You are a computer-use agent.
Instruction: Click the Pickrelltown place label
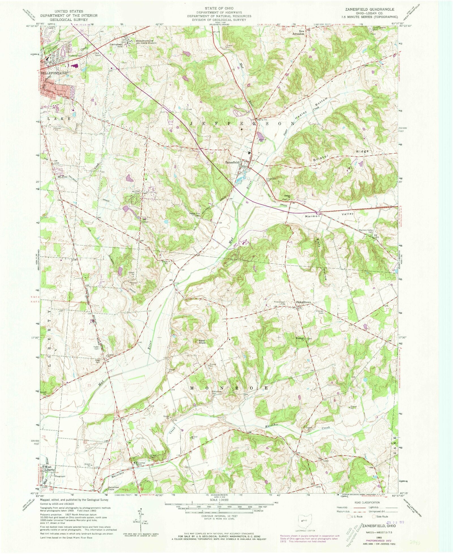point(303,302)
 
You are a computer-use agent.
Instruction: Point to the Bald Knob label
point(201,342)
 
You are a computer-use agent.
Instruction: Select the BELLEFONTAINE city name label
point(54,73)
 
